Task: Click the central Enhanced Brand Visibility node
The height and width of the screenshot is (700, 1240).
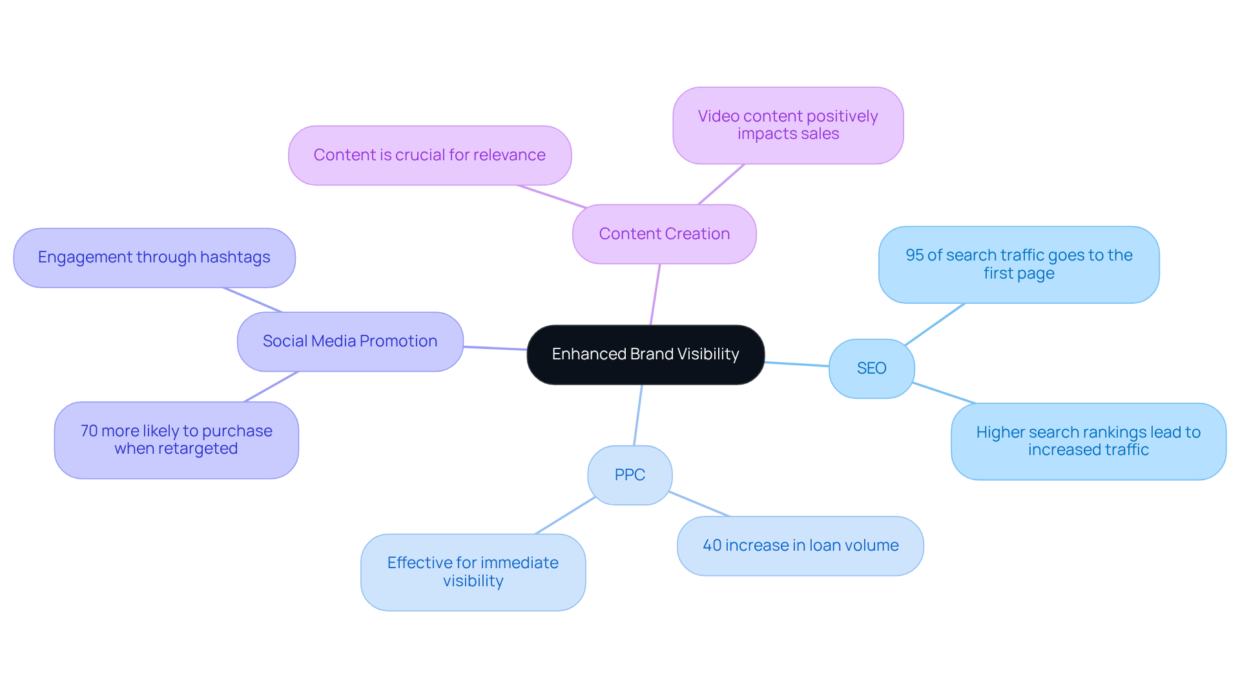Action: click(x=645, y=354)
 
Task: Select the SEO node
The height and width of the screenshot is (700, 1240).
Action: click(x=871, y=368)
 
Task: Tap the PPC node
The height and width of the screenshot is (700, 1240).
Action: click(x=630, y=475)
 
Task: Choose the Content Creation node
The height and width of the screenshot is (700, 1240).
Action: click(x=664, y=234)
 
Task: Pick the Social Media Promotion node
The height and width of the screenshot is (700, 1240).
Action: click(x=349, y=341)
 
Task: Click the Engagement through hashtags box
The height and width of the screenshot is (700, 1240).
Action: click(x=154, y=257)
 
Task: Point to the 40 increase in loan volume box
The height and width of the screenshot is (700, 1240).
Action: click(x=800, y=546)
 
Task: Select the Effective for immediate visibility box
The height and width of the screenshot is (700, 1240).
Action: click(x=473, y=572)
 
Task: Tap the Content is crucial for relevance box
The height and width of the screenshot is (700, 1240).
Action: click(x=429, y=155)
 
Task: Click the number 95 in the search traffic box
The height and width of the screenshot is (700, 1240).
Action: click(x=914, y=255)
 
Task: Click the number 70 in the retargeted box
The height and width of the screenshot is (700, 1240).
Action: click(x=88, y=431)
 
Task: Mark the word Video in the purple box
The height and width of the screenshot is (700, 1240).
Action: click(x=718, y=116)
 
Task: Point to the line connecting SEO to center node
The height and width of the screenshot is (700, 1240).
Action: click(x=797, y=364)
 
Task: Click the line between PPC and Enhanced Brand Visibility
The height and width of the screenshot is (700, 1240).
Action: click(x=637, y=415)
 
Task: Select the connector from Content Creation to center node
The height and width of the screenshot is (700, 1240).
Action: click(x=655, y=294)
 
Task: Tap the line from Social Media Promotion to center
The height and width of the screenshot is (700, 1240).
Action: click(x=495, y=348)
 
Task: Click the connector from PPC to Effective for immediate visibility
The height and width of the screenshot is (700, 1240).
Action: click(x=564, y=516)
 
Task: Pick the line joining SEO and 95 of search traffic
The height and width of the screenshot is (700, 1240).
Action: click(x=935, y=324)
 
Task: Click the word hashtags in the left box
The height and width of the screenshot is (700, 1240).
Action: click(x=235, y=257)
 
